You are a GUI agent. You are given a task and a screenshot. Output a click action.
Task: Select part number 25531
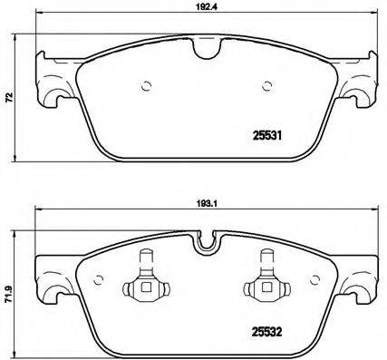[265, 139]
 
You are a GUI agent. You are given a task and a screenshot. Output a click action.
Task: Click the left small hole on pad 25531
[145, 88]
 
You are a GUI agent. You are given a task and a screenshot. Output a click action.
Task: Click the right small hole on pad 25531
[266, 88]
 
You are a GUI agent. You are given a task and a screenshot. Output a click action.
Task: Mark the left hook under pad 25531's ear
[57, 104]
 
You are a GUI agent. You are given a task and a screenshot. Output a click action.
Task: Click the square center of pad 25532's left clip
[144, 289]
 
